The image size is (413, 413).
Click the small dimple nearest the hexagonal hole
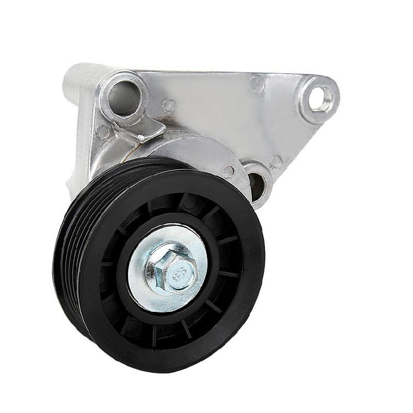[257, 84]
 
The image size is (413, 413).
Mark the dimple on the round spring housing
[228, 171]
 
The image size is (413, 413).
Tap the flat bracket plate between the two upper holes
[217, 103]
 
